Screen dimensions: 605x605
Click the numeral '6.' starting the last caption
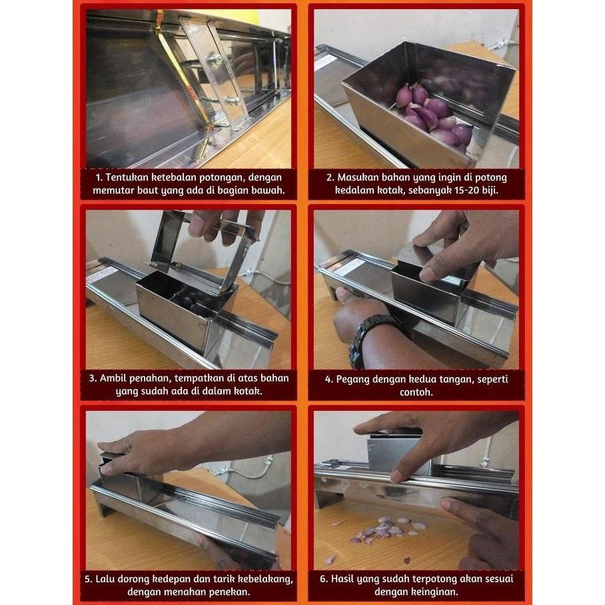[x=324, y=578]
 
